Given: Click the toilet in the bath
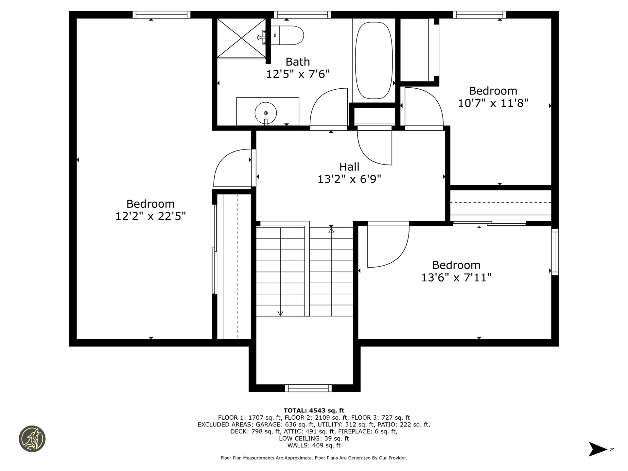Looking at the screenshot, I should point(288,35).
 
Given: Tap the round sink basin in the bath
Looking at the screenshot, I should point(266,113).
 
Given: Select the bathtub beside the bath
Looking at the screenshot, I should point(374,61).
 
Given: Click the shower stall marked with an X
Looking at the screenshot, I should point(241,38).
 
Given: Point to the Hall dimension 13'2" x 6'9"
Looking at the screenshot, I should point(349,179).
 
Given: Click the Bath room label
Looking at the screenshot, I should point(298,62).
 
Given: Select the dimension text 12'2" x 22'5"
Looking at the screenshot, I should point(150,216).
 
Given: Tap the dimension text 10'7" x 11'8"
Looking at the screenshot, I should point(493,103).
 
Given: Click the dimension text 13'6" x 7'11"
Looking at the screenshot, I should point(456,278).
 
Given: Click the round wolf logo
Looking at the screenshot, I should point(32,439).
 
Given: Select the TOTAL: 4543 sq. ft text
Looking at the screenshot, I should point(314,410).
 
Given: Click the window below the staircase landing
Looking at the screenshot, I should point(308,388).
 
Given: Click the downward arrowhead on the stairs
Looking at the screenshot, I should point(280,313).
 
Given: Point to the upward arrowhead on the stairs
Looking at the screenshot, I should point(331,231).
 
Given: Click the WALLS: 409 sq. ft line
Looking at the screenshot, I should point(314,445).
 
